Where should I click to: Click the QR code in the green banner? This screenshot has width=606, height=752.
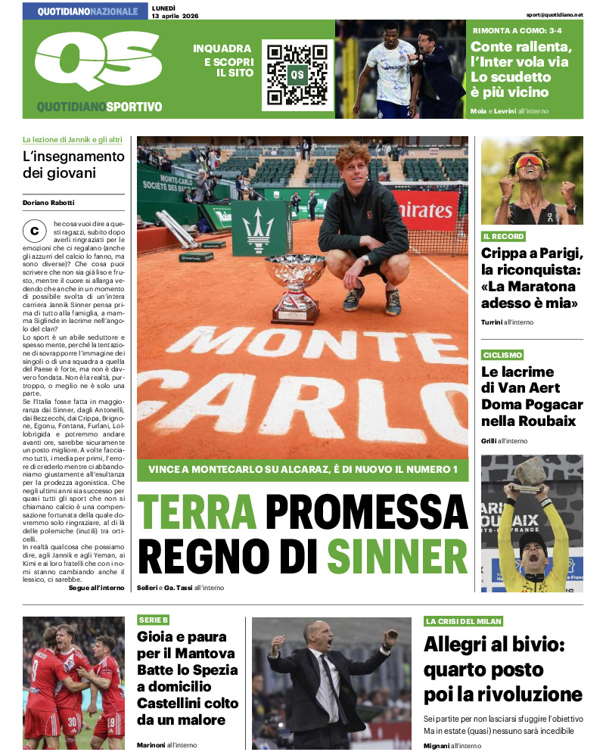297,74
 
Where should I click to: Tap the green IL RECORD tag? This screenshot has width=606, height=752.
504,237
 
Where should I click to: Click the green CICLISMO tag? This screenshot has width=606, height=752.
502,355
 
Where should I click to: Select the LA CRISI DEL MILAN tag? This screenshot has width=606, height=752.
463,621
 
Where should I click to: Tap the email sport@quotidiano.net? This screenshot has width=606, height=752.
555,14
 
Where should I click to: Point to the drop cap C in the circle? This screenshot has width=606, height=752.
34,230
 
